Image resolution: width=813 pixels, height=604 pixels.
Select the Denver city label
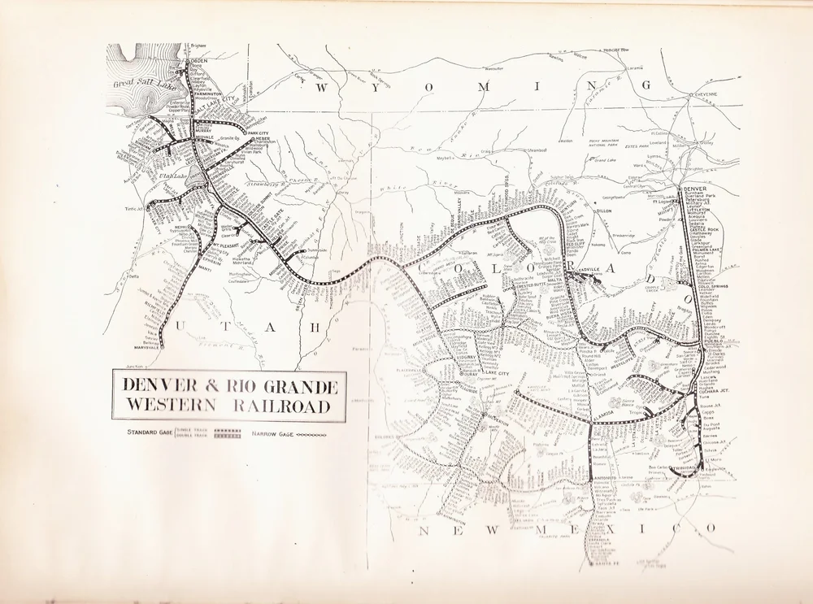697,189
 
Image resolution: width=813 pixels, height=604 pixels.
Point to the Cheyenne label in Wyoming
704,94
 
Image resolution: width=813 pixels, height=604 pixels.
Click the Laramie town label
635,67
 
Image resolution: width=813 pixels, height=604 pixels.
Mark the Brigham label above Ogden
198,46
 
